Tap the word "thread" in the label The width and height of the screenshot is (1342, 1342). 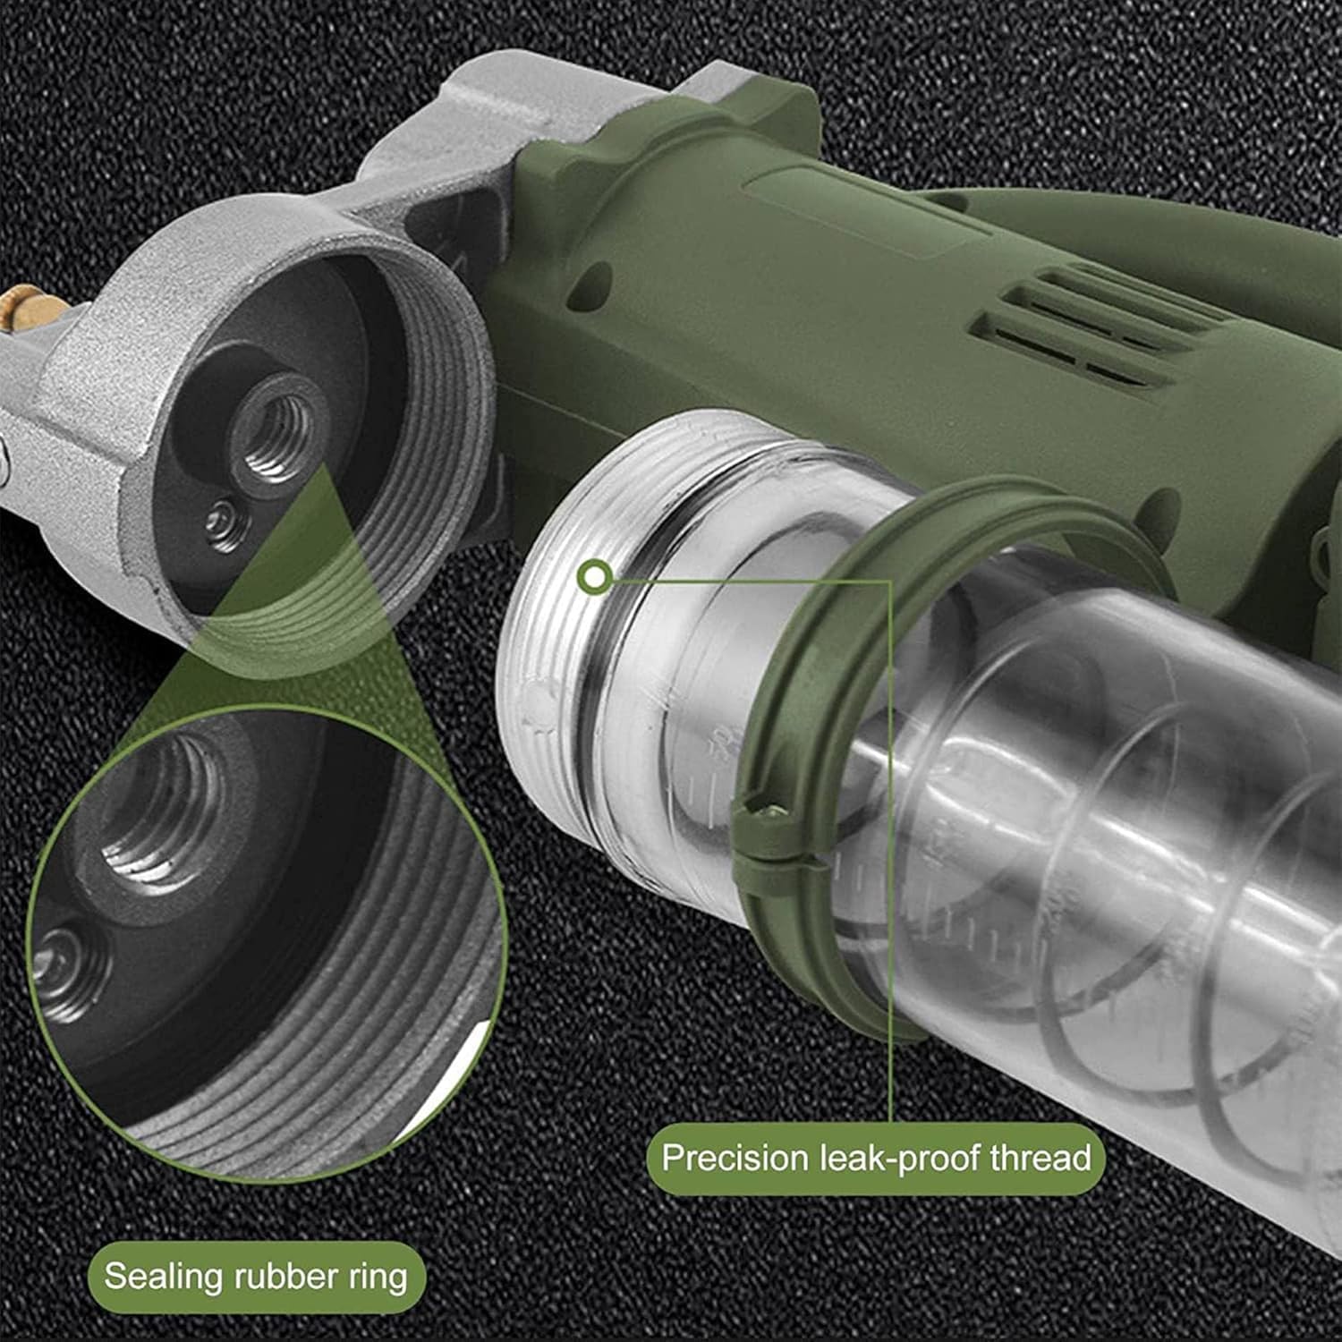(x=1040, y=1158)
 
